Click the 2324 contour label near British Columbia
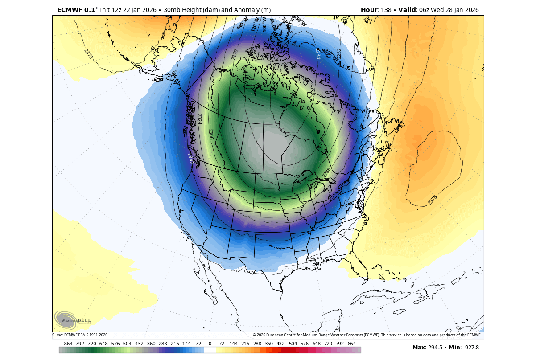(x=200, y=119)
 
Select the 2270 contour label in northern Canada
(x=235, y=54)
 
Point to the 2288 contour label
(x=327, y=172)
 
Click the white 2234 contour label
(x=318, y=54)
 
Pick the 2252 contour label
(x=338, y=53)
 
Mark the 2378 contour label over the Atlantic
(x=432, y=200)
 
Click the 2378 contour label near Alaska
(x=88, y=54)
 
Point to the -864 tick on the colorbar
(x=68, y=344)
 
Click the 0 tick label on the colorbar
(x=210, y=344)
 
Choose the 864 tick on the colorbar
(x=351, y=344)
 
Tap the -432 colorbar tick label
(x=139, y=344)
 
